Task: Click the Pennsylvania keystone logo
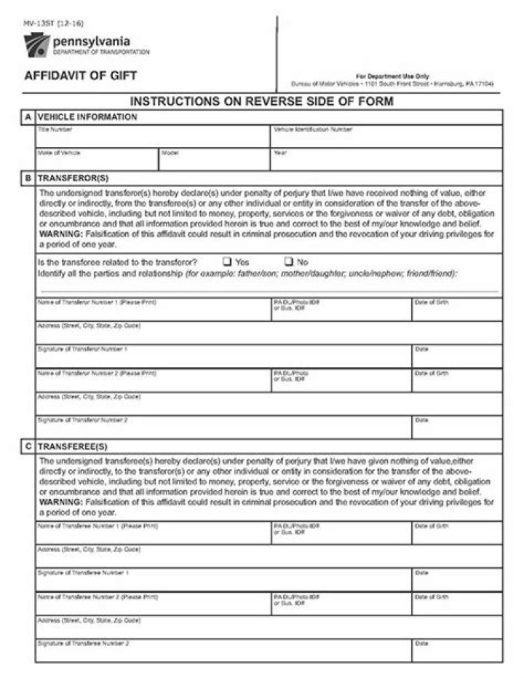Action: pos(36,45)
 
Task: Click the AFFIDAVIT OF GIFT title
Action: pos(80,76)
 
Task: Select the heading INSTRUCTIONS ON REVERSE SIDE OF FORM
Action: pos(261,101)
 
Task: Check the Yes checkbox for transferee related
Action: pos(227,261)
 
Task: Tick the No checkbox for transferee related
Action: pos(288,261)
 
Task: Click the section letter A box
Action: pos(28,117)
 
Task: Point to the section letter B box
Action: pos(28,178)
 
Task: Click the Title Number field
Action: pos(153,139)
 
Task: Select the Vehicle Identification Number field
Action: pos(386,139)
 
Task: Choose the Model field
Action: pos(214,162)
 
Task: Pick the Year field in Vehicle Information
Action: pos(386,162)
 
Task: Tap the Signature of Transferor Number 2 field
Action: pos(223,430)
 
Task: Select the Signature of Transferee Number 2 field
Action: pos(223,653)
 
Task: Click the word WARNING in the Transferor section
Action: pos(60,234)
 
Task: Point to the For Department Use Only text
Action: pos(392,76)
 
